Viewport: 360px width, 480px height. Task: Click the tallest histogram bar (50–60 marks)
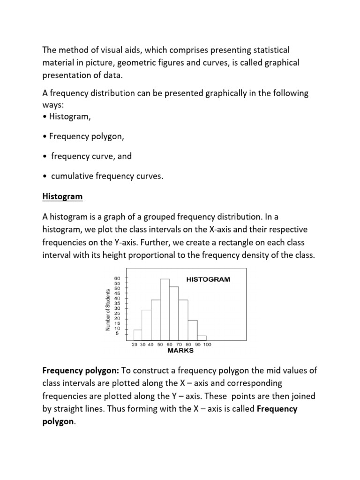(x=165, y=309)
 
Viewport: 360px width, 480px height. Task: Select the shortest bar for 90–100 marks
(x=202, y=337)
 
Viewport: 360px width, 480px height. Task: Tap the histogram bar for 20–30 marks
(x=137, y=335)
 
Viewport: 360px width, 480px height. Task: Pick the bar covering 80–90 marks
(x=192, y=330)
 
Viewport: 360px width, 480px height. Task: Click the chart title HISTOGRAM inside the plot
(x=208, y=279)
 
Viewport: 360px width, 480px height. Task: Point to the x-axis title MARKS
(x=180, y=351)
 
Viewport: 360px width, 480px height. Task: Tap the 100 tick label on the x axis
(x=207, y=345)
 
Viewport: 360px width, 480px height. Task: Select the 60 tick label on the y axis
(x=118, y=278)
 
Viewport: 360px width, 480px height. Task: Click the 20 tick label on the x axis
(x=134, y=345)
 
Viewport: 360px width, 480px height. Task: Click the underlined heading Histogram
(x=62, y=197)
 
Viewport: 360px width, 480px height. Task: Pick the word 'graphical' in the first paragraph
(x=282, y=62)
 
